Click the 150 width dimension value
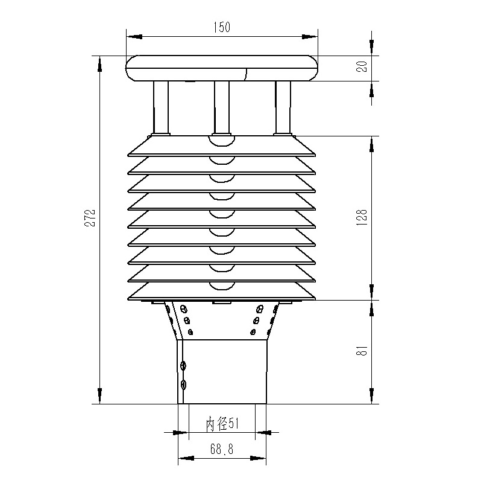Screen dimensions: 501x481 pyautogui.click(x=221, y=27)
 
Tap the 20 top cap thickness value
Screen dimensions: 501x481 pyautogui.click(x=362, y=66)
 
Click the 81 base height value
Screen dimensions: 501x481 pyautogui.click(x=362, y=351)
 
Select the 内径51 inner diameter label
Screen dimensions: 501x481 pyautogui.click(x=222, y=424)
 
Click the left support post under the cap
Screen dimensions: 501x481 pyautogui.click(x=161, y=107)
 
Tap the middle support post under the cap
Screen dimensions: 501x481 pyautogui.click(x=222, y=107)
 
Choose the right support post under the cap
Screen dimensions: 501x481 pyautogui.click(x=283, y=107)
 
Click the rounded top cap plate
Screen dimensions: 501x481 pyautogui.click(x=221, y=68)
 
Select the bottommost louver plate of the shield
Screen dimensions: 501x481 pyautogui.click(x=221, y=292)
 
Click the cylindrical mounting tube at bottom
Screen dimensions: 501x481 pyautogui.click(x=223, y=371)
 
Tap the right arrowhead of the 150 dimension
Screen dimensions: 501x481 pyautogui.click(x=310, y=36)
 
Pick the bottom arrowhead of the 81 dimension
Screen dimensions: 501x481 pyautogui.click(x=372, y=396)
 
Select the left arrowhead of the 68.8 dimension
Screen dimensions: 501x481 pyautogui.click(x=186, y=458)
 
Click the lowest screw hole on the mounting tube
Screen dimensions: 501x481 pyautogui.click(x=184, y=384)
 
